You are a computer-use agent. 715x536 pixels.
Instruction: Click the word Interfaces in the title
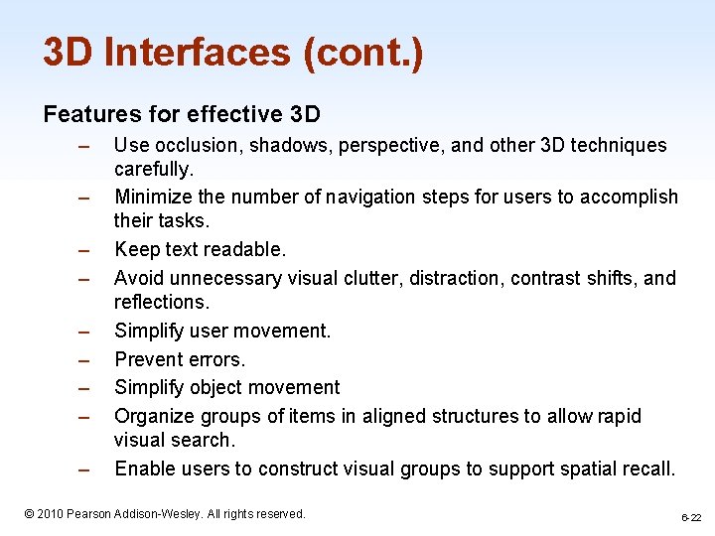[x=188, y=53]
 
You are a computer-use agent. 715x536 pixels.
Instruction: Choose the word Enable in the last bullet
[x=144, y=468]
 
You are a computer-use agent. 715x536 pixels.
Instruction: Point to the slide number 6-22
[x=690, y=517]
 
